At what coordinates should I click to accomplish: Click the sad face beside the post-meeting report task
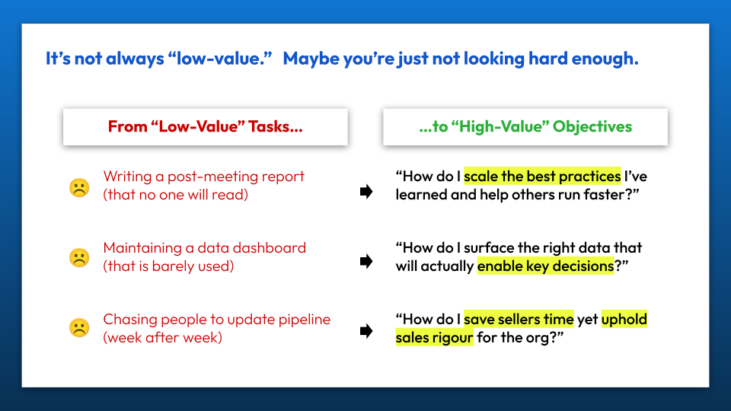79,188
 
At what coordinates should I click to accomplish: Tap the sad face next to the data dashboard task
79,258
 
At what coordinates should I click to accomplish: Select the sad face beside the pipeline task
79,327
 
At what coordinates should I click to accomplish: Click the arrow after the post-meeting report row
366,191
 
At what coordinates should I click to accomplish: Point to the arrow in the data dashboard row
366,261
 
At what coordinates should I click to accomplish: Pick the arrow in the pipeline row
366,331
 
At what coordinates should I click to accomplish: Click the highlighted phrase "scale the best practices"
542,176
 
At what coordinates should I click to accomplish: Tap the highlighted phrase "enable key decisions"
545,266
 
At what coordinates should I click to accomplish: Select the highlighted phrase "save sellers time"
519,319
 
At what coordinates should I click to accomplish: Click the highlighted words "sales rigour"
435,337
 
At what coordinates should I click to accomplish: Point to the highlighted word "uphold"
624,319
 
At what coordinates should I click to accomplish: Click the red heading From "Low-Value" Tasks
205,126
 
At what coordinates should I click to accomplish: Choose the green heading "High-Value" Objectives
525,126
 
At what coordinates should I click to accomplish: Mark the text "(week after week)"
162,337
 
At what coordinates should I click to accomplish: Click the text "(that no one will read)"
176,194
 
